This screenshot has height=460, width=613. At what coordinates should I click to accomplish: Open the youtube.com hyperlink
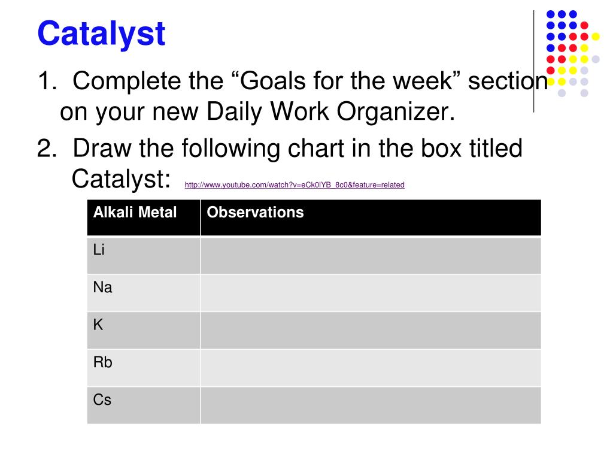(x=295, y=185)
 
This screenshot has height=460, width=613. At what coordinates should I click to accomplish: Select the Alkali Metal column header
(x=135, y=213)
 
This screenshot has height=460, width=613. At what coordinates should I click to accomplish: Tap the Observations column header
(x=255, y=213)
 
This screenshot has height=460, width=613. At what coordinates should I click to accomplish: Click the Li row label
(x=99, y=250)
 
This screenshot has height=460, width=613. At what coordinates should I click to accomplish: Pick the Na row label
(x=102, y=287)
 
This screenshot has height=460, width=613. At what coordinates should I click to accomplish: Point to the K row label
(x=98, y=325)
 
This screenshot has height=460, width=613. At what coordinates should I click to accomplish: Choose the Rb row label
(x=102, y=362)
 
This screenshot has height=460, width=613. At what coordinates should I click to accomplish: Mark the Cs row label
(x=102, y=400)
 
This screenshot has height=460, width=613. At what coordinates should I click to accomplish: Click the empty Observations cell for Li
(x=371, y=256)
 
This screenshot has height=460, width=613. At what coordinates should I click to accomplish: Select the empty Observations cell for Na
(x=371, y=293)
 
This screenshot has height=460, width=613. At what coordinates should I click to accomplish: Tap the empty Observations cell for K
(x=371, y=330)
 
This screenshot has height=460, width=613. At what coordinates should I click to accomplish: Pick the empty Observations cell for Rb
(x=371, y=368)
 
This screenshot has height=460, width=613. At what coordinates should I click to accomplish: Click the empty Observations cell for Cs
(x=371, y=405)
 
